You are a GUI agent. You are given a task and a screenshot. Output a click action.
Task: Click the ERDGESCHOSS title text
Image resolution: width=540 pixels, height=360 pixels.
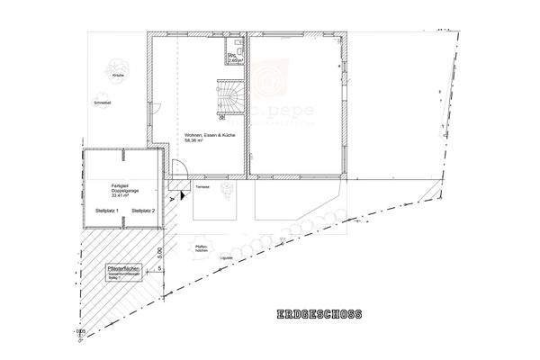tap(320, 315)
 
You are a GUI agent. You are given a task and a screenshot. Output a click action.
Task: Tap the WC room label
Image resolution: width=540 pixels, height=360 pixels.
tap(231, 57)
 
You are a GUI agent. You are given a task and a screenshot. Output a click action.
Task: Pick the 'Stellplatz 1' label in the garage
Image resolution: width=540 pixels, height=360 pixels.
tap(106, 211)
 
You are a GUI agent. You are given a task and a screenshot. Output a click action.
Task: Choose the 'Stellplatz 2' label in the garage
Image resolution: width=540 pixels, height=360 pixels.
tap(143, 211)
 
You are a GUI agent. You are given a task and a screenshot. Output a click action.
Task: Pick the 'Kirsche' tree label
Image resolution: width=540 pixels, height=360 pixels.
tap(117, 76)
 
